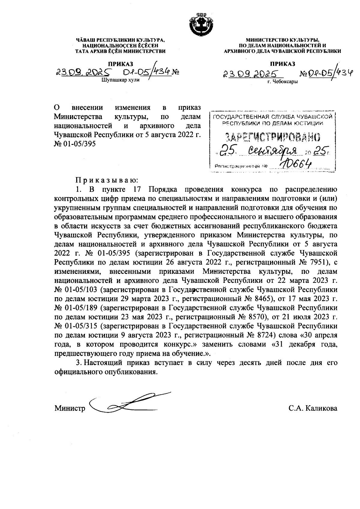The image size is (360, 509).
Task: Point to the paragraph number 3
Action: click(79, 363)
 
